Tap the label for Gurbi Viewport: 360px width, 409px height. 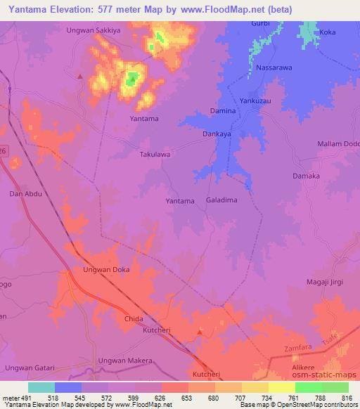point(261,23)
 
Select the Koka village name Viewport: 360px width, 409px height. point(328,32)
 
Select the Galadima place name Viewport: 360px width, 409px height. point(221,200)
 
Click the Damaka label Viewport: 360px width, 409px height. point(306,176)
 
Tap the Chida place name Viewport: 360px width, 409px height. point(134,319)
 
